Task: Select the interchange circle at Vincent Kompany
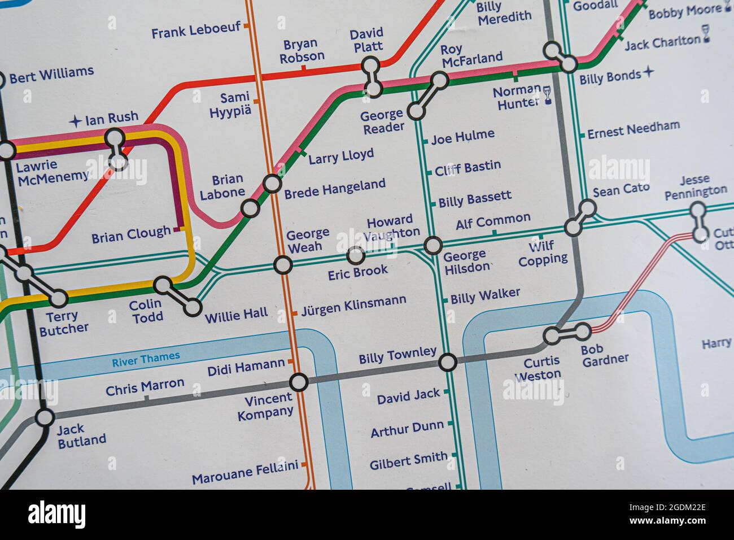(299, 382)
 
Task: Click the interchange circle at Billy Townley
(448, 362)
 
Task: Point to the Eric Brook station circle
(355, 256)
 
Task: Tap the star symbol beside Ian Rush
(75, 121)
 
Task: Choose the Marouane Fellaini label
(244, 473)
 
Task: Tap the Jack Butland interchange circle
(44, 419)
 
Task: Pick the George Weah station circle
(283, 264)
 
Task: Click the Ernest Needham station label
(633, 129)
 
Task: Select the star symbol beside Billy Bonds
(649, 72)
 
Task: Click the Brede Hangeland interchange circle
(272, 184)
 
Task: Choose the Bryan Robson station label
(303, 50)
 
